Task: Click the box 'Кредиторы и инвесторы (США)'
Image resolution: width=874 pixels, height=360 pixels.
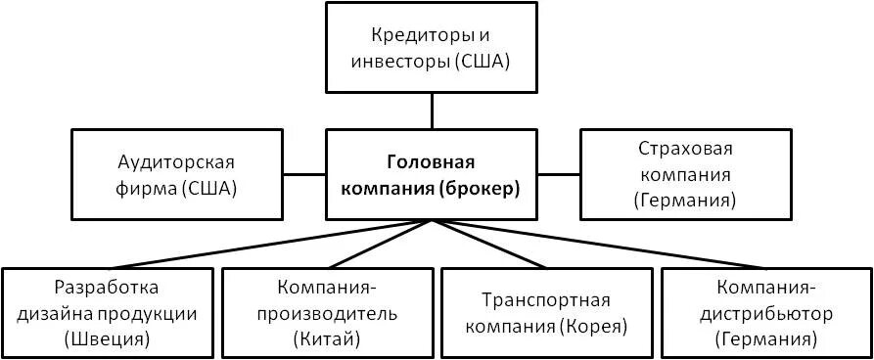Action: click(433, 48)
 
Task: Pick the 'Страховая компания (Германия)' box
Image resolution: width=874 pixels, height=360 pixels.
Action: click(685, 174)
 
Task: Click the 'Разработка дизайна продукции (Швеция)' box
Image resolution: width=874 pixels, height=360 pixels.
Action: click(107, 314)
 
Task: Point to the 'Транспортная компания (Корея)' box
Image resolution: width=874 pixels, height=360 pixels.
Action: click(546, 314)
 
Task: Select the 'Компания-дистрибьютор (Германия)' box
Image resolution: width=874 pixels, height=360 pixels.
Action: click(765, 314)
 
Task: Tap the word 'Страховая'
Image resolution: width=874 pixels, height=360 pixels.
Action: click(685, 149)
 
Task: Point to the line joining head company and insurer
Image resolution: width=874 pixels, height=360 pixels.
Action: click(560, 174)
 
